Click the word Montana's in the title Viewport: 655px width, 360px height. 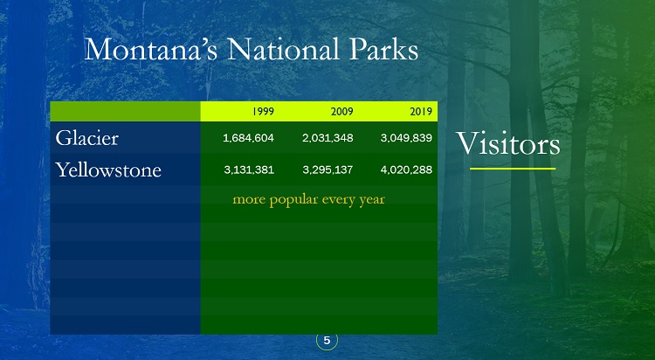pyautogui.click(x=151, y=49)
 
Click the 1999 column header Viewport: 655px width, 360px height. pyautogui.click(x=263, y=112)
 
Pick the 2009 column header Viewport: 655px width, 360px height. pyautogui.click(x=342, y=112)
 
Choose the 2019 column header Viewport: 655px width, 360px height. pyautogui.click(x=421, y=112)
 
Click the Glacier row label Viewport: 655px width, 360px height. pyautogui.click(x=86, y=138)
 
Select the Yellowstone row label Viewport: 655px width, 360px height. pyautogui.click(x=108, y=170)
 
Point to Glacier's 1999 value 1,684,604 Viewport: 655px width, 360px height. pyautogui.click(x=249, y=138)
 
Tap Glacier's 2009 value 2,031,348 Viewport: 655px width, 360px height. pyautogui.click(x=327, y=138)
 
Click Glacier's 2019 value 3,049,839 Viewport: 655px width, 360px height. pyautogui.click(x=406, y=138)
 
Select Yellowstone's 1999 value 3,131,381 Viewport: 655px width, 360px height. pyautogui.click(x=249, y=170)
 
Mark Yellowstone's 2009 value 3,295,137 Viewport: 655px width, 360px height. pyautogui.click(x=327, y=170)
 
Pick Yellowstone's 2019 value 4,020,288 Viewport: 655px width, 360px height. pyautogui.click(x=406, y=170)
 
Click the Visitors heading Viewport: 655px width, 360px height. pyautogui.click(x=507, y=143)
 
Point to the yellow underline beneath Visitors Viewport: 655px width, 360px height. pyautogui.click(x=513, y=169)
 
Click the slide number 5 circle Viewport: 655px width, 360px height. pyautogui.click(x=327, y=341)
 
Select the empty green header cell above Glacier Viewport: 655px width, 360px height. pyautogui.click(x=125, y=112)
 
